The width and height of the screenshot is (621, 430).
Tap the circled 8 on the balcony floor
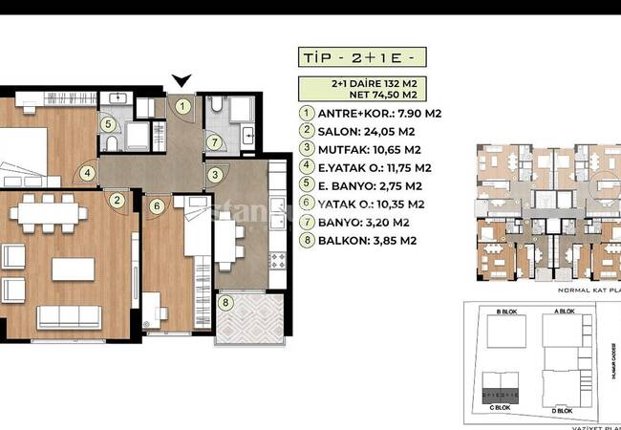(225, 304)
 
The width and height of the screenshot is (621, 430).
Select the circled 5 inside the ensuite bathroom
(109, 123)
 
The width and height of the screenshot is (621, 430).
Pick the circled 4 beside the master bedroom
(88, 173)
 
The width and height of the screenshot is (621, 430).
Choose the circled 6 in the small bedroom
(155, 204)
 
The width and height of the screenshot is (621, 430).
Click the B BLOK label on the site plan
(506, 312)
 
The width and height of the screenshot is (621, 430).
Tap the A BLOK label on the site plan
(566, 312)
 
